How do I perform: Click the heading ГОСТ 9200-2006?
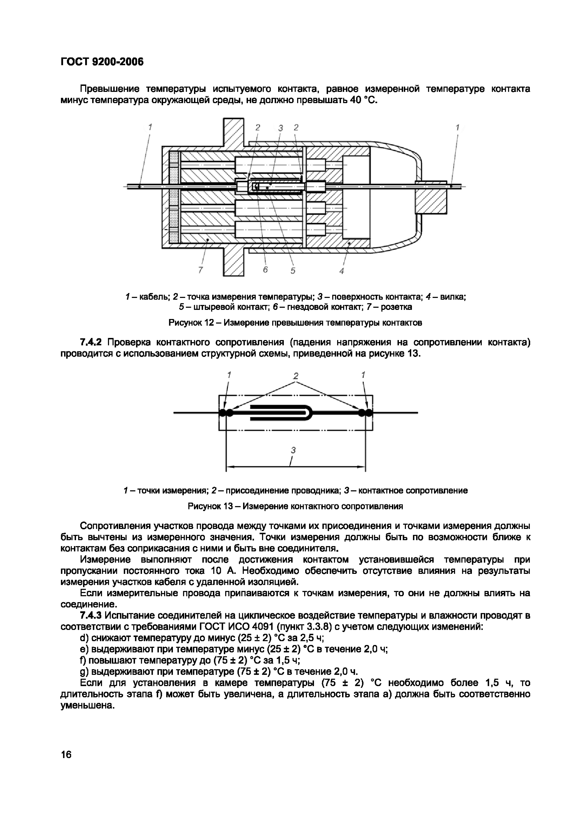coord(102,62)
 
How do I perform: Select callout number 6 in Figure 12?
coord(265,270)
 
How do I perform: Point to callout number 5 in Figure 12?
coord(293,271)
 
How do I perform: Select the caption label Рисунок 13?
coord(210,506)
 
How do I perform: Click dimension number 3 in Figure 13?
coord(293,450)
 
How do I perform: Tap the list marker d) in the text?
coord(84,638)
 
